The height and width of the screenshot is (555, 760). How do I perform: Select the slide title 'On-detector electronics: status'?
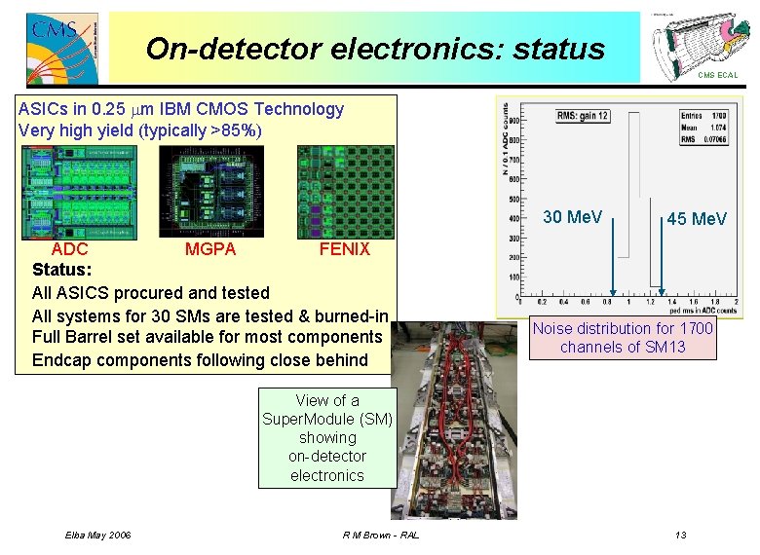[375, 49]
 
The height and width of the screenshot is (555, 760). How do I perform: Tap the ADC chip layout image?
[79, 191]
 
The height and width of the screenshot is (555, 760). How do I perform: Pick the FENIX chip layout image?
[344, 191]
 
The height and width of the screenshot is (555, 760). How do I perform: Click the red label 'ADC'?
[69, 249]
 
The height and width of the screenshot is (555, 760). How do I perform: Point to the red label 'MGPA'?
[210, 249]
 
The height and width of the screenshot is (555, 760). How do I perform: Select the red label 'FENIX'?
[345, 249]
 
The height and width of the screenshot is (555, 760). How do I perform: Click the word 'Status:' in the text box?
[62, 269]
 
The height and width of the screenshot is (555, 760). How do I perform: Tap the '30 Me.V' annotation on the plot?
[572, 217]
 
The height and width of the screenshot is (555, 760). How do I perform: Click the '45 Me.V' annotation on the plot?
[696, 220]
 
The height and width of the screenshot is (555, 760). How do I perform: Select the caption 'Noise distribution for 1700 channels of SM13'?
[623, 338]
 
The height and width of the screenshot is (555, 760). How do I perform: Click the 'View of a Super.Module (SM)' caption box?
[326, 437]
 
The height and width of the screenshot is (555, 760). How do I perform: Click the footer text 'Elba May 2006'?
[97, 536]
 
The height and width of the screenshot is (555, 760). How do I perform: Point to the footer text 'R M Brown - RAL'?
[381, 536]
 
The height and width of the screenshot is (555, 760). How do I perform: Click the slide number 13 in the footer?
[680, 536]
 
